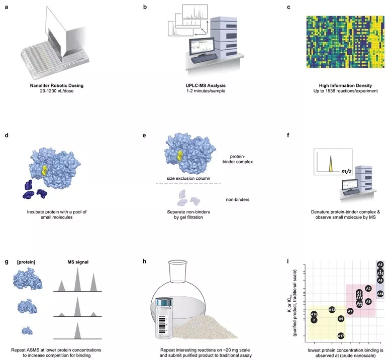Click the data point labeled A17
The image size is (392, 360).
341,335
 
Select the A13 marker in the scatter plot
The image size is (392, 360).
332,310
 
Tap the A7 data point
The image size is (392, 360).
350,311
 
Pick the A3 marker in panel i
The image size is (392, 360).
368,289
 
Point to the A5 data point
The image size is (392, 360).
380,264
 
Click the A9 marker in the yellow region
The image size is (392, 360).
341,318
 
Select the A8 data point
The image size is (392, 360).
368,301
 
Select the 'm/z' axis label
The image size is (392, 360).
346,172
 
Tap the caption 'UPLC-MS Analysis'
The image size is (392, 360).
195,85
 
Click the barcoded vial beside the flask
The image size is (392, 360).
166,314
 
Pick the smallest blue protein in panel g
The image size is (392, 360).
27,331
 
